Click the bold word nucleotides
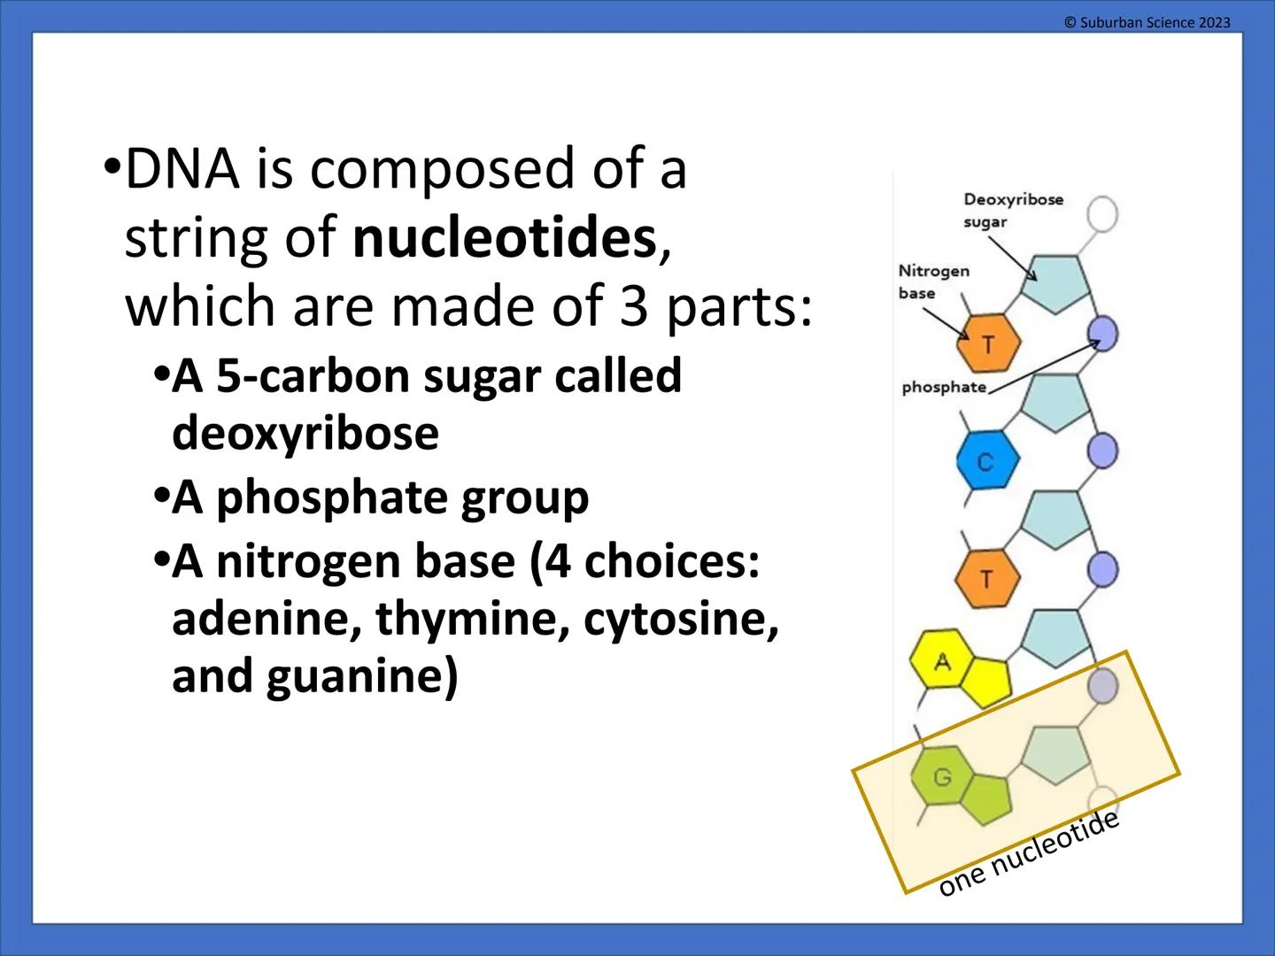(504, 238)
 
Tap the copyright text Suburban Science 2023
(1147, 22)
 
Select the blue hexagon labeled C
(987, 461)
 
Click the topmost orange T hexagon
(988, 343)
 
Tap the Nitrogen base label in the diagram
(933, 281)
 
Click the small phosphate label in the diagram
(943, 387)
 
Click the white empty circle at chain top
(1102, 214)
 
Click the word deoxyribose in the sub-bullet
(305, 434)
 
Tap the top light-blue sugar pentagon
(1053, 282)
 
